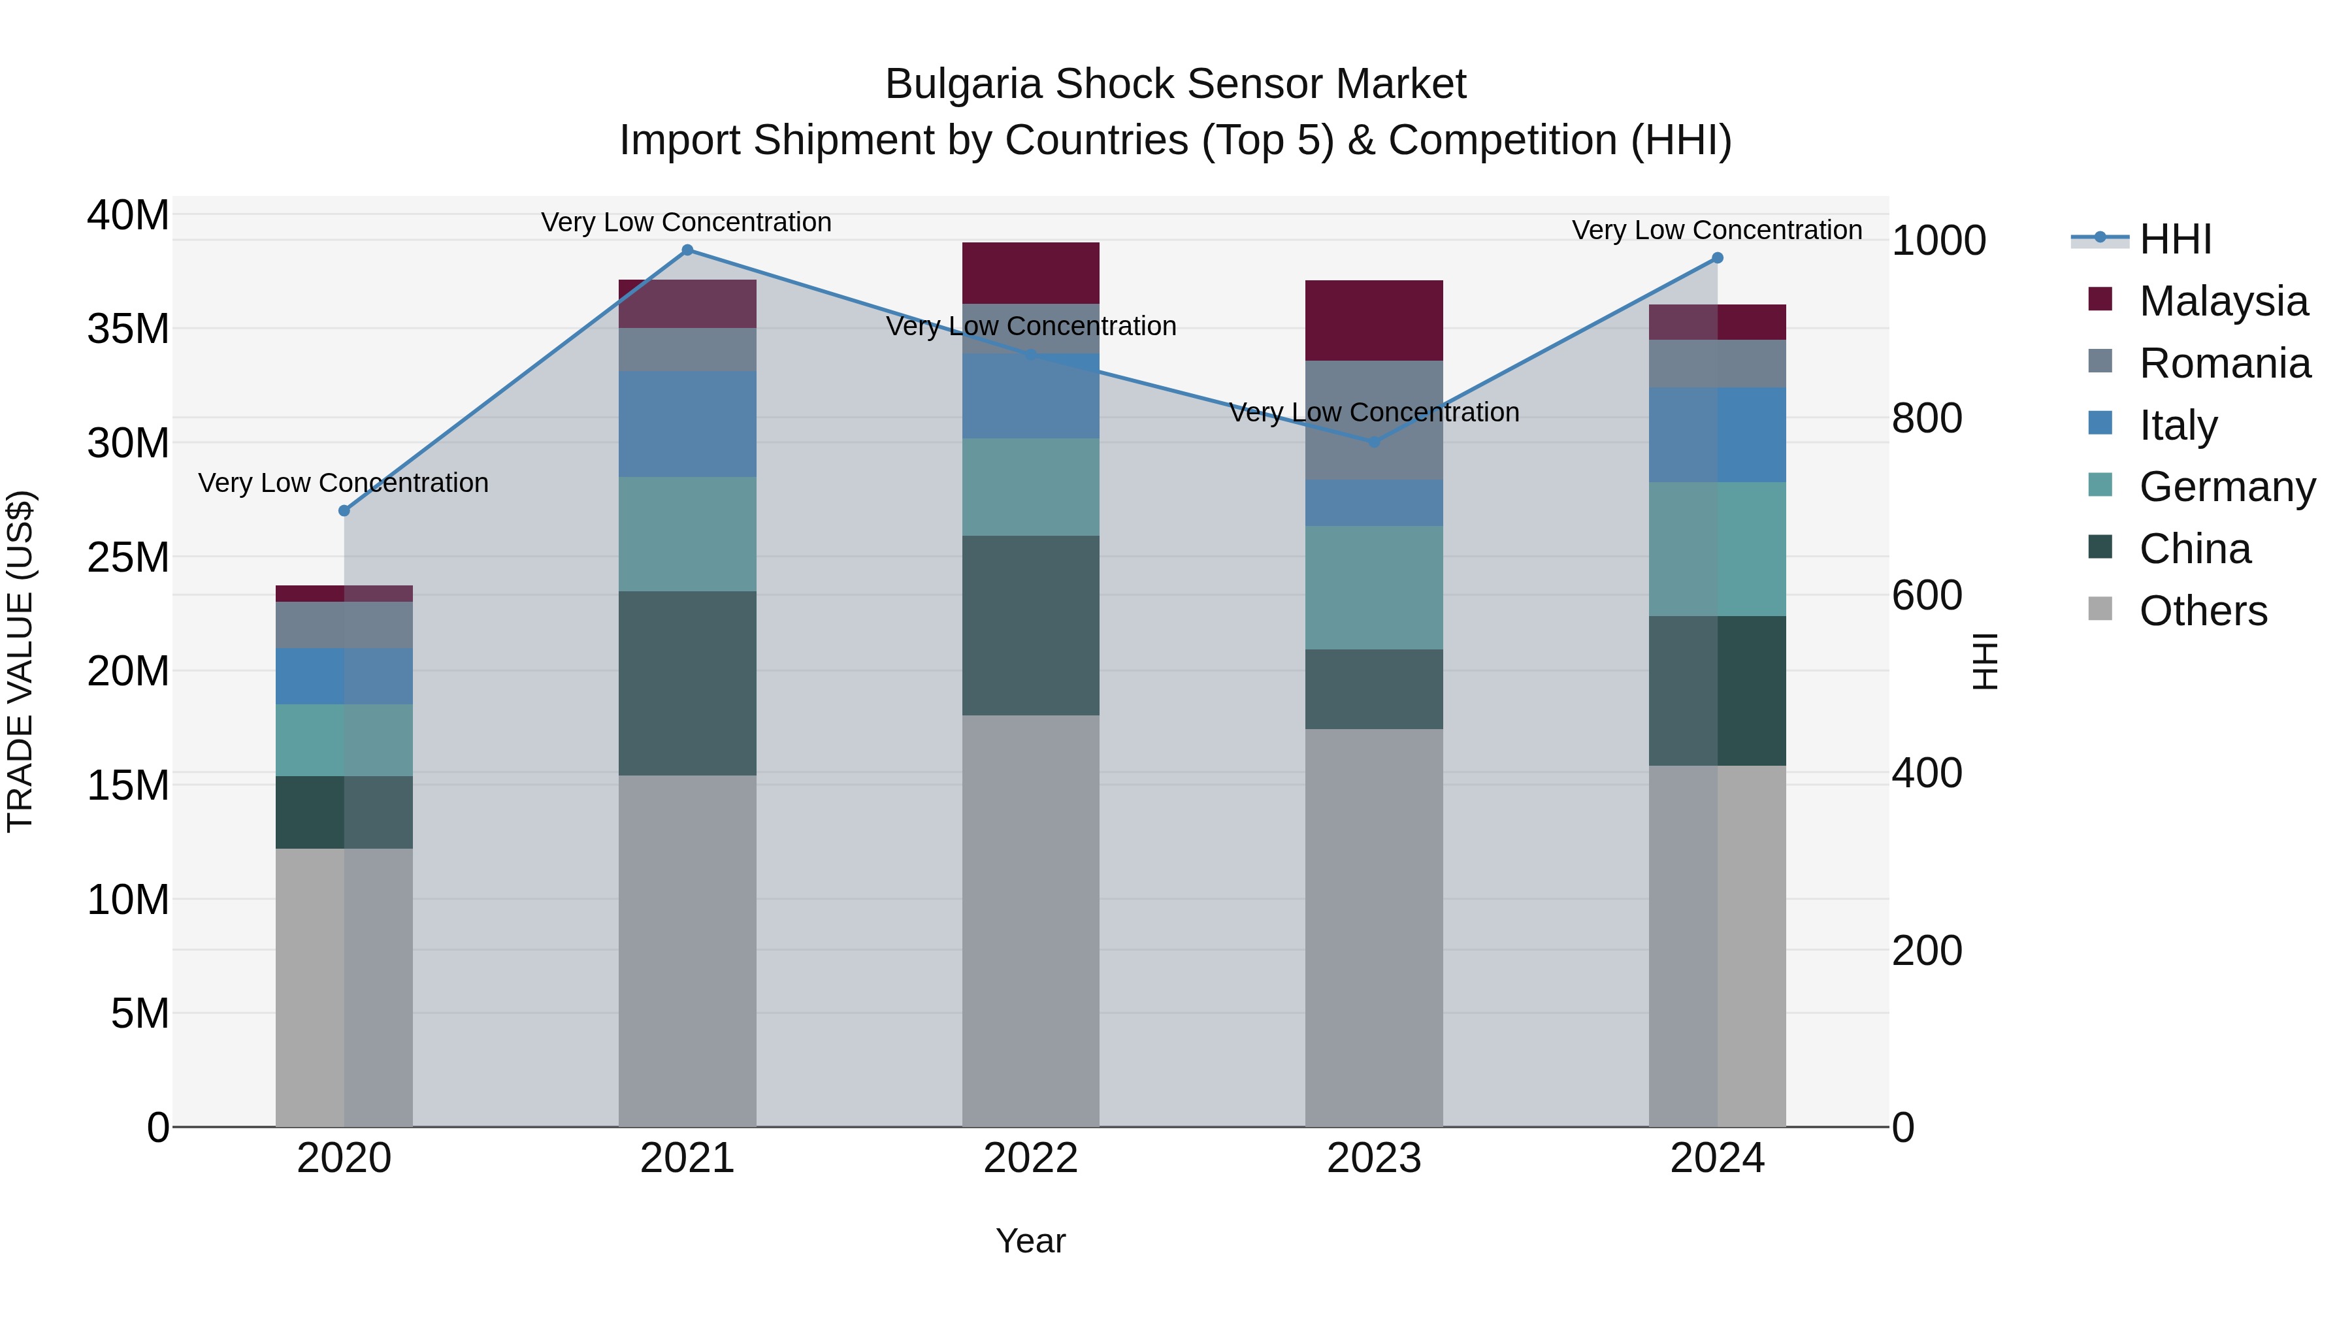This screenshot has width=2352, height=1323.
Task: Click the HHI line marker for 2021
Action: (x=687, y=250)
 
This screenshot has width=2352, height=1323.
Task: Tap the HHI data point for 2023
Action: (x=1373, y=442)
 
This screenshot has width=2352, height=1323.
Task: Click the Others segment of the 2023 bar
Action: (x=1373, y=926)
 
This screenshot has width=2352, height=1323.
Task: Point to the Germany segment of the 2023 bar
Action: (x=1373, y=587)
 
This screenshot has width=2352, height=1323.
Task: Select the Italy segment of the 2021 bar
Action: (x=687, y=423)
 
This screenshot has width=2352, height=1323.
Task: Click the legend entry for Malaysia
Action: (x=2223, y=301)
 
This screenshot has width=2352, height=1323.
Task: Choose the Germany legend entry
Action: (x=2226, y=487)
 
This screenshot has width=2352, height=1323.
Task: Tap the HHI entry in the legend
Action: (x=2175, y=239)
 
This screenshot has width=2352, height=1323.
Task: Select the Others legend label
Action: (x=2202, y=611)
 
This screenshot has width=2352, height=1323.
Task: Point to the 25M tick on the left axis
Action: (x=128, y=557)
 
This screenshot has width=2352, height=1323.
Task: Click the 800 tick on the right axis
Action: (x=1927, y=418)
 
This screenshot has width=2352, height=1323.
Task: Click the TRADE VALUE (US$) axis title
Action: (x=20, y=661)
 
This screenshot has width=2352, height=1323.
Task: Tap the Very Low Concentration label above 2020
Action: (x=343, y=482)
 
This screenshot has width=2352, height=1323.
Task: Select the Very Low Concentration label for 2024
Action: (x=1716, y=230)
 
